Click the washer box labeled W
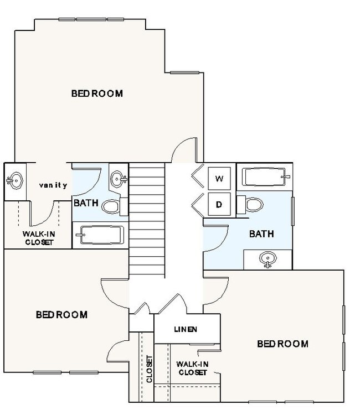point(219,179)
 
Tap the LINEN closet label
point(186,329)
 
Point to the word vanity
point(53,185)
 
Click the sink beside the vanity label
point(16,180)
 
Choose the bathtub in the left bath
point(100,237)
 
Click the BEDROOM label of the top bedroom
point(97,93)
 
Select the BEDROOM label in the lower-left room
point(61,315)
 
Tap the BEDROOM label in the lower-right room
point(282,344)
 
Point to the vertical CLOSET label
point(148,369)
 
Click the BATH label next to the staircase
point(86,203)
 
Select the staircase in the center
point(147,221)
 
